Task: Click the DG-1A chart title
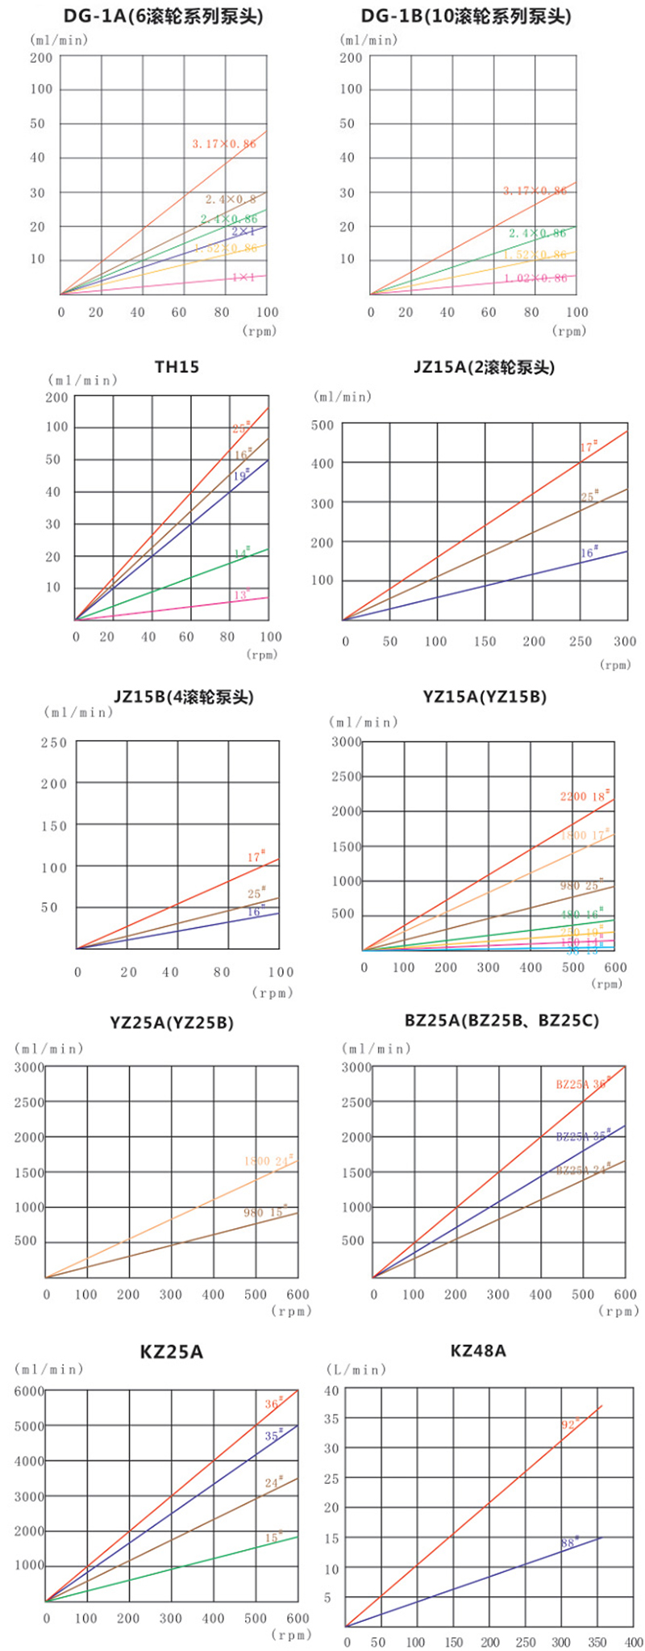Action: tap(164, 15)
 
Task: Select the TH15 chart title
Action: tap(177, 367)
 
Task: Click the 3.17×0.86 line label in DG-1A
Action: tap(224, 144)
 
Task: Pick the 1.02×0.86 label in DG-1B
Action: tap(535, 278)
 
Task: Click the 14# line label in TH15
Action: tap(242, 553)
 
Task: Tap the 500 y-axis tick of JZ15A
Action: tap(322, 425)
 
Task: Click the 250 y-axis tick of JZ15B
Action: tap(55, 742)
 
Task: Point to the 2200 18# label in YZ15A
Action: tap(585, 796)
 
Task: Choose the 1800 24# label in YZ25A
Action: tap(268, 1160)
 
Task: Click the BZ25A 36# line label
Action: tap(582, 1084)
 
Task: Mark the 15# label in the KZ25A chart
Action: tap(274, 1538)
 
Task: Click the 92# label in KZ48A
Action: tap(570, 1424)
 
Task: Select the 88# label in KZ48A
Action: tap(570, 1542)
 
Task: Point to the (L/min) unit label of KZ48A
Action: tap(356, 1369)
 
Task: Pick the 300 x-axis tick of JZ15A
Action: tap(625, 642)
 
